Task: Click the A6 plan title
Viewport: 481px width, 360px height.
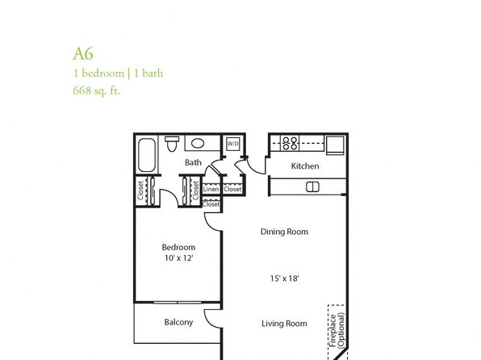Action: [x=83, y=54]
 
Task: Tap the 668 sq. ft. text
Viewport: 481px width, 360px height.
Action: [x=97, y=91]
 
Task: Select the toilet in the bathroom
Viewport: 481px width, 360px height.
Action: [x=172, y=144]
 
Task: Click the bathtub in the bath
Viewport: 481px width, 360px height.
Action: [x=147, y=155]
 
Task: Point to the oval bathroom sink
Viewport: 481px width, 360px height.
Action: [x=198, y=144]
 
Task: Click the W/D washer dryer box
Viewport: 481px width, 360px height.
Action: [x=233, y=144]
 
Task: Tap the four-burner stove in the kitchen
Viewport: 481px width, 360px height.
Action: [x=290, y=144]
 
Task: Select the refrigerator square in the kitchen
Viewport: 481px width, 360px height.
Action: [x=335, y=145]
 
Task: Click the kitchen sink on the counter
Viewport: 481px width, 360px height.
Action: [x=312, y=187]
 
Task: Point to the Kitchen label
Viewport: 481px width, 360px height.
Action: [x=305, y=166]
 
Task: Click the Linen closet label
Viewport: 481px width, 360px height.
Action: [x=211, y=189]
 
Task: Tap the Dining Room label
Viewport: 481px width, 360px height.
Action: [x=284, y=232]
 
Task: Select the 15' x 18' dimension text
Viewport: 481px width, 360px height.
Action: [x=284, y=278]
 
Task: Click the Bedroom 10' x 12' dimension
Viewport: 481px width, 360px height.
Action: [x=178, y=257]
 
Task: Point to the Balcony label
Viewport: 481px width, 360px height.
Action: [x=178, y=322]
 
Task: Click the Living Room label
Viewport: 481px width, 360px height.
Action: [x=284, y=324]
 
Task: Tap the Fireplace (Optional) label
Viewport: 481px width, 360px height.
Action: [x=337, y=330]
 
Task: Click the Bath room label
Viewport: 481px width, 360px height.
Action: [x=193, y=162]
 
